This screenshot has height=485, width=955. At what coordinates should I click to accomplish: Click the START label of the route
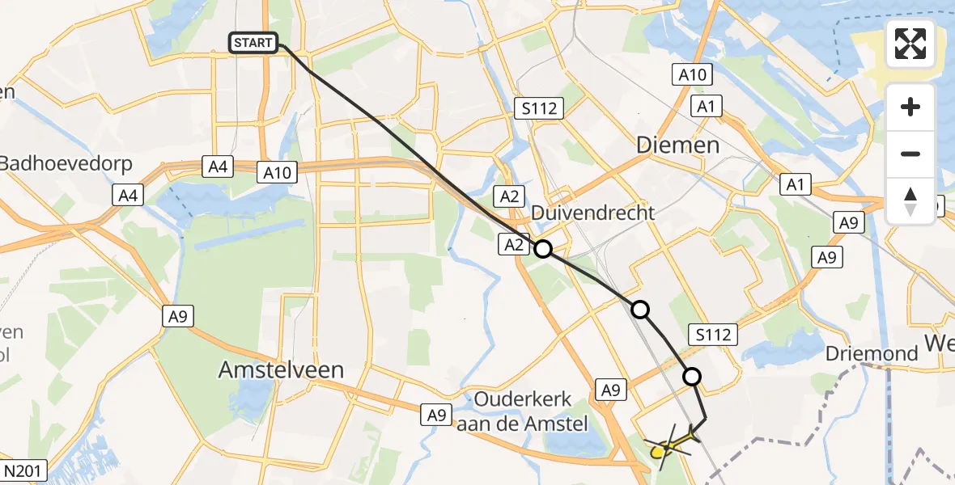click(254, 43)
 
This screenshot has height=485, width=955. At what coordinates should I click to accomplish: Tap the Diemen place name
click(677, 145)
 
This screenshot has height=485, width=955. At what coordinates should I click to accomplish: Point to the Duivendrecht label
click(593, 213)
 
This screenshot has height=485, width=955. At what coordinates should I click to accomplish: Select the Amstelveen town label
click(282, 370)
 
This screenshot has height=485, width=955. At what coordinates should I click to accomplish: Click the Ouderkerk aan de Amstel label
click(524, 411)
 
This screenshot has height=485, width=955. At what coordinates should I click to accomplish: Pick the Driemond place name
click(872, 353)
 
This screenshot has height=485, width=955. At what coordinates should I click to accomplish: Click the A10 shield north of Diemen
click(692, 75)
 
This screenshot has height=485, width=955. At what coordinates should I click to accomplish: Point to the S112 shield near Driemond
click(712, 334)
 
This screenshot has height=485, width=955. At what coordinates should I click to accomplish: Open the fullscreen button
click(910, 44)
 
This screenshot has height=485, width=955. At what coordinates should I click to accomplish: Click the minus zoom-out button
click(910, 154)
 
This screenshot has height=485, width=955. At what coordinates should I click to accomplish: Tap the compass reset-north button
click(910, 200)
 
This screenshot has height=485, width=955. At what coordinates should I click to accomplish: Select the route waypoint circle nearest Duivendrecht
click(542, 249)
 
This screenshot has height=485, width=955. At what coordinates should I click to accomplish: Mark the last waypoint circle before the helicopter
click(692, 376)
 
